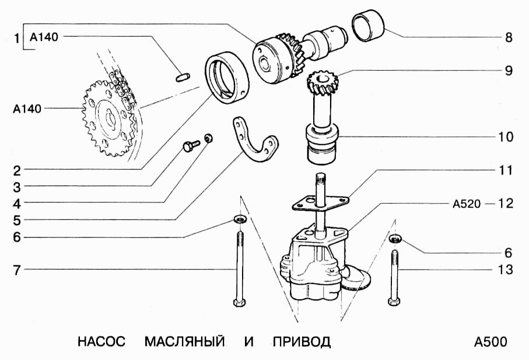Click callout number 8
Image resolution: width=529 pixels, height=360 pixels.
(509, 39)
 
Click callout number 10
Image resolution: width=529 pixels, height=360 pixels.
(506, 137)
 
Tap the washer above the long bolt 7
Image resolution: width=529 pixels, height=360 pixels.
(240, 219)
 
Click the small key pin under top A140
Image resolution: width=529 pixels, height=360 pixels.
(181, 76)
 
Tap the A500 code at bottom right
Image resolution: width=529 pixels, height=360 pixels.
(491, 342)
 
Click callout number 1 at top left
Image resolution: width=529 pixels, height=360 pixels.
(17, 39)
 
